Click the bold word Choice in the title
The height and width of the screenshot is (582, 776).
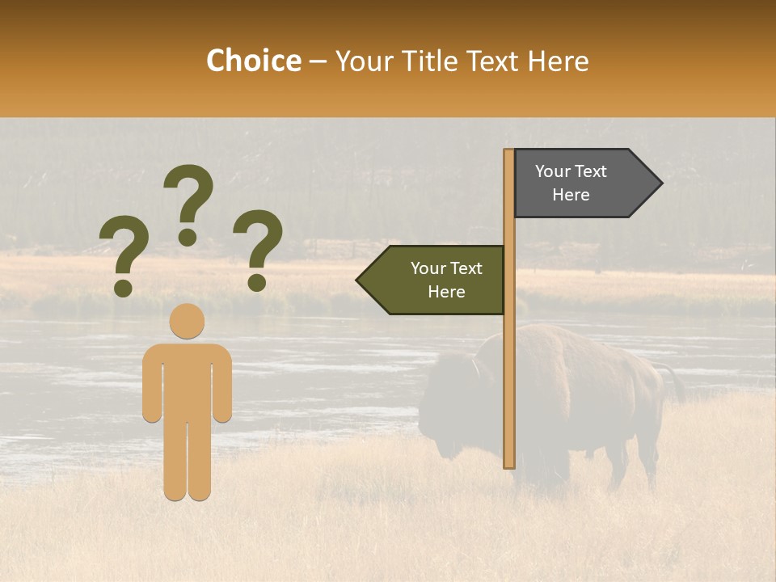pyautogui.click(x=253, y=61)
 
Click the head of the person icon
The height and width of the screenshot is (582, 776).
pyautogui.click(x=187, y=321)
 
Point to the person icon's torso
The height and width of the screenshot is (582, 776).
pyautogui.click(x=187, y=380)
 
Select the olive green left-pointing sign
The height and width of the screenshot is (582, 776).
pyautogui.click(x=436, y=280)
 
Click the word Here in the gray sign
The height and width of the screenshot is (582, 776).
pyautogui.click(x=571, y=195)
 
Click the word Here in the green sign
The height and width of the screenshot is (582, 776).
pyautogui.click(x=446, y=292)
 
